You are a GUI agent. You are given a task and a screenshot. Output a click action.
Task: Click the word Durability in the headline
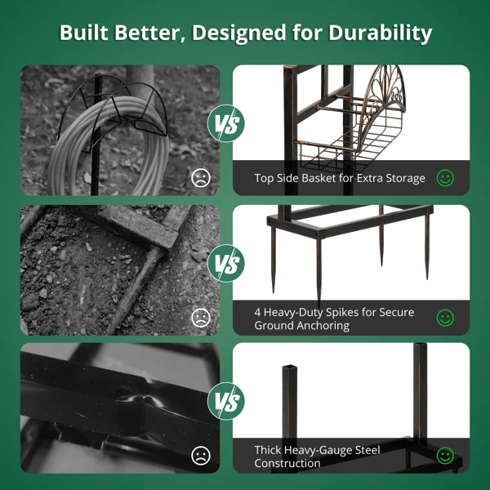coord(381,33)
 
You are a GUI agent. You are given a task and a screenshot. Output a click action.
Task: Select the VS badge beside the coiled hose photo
coord(226,123)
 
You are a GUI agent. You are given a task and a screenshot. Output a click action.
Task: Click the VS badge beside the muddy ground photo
coord(226,263)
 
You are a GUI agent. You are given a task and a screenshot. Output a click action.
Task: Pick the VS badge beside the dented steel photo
coord(226,401)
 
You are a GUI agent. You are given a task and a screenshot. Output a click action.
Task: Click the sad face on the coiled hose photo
coord(201,178)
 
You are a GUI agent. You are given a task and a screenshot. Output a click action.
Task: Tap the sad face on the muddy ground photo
coord(201,318)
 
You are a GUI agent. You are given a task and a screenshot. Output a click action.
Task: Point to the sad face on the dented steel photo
coord(201,456)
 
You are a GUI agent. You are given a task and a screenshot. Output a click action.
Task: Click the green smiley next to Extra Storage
coord(445,178)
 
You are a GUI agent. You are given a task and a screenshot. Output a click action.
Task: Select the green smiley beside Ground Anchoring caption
coord(445,318)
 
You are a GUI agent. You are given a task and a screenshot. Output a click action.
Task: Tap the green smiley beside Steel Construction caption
coord(445,456)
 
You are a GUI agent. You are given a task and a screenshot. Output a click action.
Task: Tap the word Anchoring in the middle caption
coord(323,326)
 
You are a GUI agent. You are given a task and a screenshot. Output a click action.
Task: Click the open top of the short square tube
coord(289,367)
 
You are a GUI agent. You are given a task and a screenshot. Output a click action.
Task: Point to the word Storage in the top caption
coord(405,178)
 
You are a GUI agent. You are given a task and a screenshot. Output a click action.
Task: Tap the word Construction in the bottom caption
coord(287,463)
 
